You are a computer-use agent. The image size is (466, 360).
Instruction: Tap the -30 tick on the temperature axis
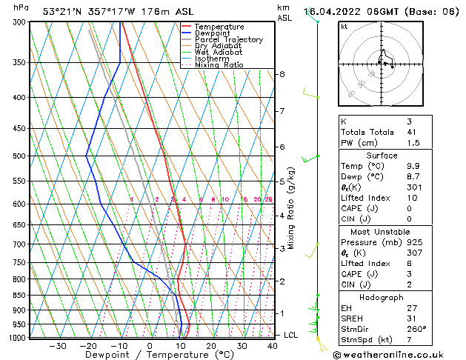click(x=57, y=345)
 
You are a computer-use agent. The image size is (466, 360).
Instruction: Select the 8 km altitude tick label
click(x=282, y=74)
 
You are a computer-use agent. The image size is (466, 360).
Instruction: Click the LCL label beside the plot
click(x=291, y=335)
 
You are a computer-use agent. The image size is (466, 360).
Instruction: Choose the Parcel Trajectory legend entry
click(x=228, y=39)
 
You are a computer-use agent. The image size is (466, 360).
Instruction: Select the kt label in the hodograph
click(x=344, y=26)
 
